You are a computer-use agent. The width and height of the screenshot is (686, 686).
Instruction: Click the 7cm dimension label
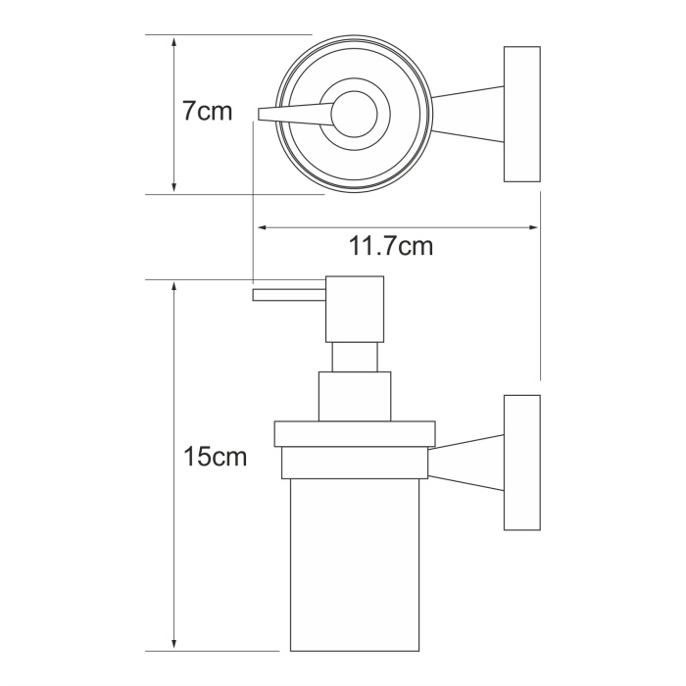tap(208, 111)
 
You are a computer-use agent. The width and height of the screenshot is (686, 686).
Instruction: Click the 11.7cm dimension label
tap(391, 246)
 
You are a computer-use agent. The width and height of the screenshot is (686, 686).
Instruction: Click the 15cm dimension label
tap(215, 457)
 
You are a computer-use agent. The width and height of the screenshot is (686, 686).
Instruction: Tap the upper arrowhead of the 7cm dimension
tap(174, 42)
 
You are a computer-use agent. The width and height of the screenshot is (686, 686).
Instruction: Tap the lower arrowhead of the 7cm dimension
tap(174, 186)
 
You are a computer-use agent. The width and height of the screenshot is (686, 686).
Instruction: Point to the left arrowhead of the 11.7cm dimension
tap(263, 227)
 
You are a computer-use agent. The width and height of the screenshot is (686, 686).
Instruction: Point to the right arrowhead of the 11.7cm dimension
tap(533, 227)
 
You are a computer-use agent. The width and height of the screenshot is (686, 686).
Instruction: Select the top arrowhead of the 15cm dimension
tap(174, 288)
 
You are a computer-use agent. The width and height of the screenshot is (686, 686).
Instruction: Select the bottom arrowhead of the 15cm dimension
tap(174, 643)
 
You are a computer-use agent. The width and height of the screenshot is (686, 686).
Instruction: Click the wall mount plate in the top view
tap(522, 114)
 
